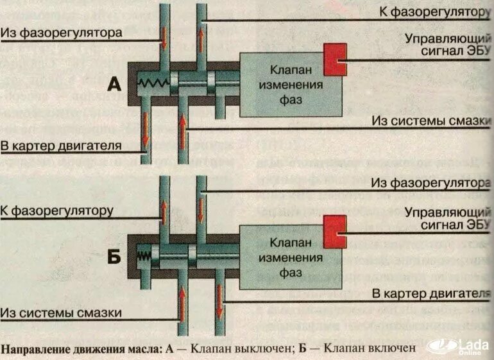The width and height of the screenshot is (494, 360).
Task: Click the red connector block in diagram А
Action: click(x=334, y=60)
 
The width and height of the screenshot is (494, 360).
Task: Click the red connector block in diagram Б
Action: click(x=334, y=228)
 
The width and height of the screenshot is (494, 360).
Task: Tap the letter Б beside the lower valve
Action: click(x=114, y=258)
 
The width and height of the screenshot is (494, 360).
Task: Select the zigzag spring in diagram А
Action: click(x=153, y=82)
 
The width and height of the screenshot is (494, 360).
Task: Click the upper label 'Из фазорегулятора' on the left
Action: click(x=62, y=33)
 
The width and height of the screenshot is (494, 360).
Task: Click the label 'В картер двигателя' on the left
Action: click(x=62, y=146)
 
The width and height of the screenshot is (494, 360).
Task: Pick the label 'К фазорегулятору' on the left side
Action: click(x=56, y=210)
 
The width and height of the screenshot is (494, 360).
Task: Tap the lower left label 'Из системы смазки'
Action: click(x=61, y=313)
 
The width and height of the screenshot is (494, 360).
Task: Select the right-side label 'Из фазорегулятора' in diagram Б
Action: click(x=436, y=184)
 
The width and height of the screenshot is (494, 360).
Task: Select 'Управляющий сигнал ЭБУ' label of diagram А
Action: click(x=447, y=44)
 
